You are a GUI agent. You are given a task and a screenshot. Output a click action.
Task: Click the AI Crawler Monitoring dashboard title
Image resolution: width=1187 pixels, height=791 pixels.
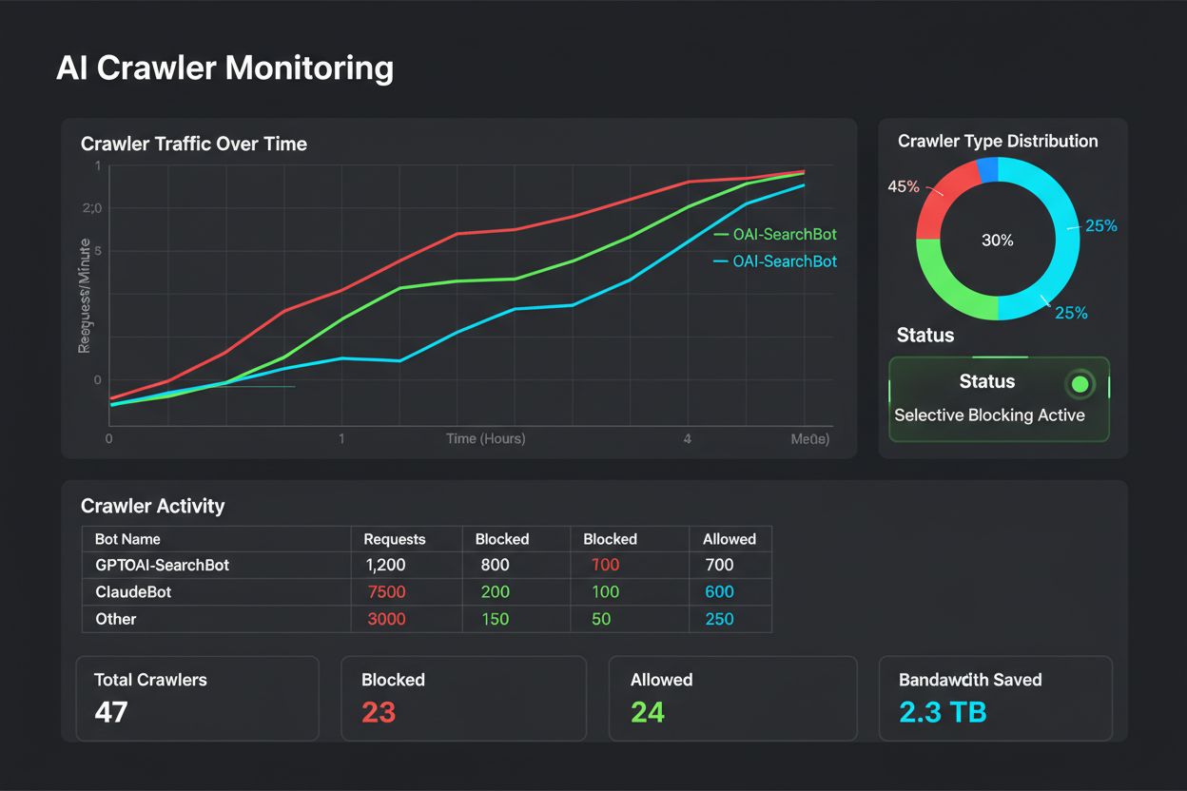pyautogui.click(x=224, y=69)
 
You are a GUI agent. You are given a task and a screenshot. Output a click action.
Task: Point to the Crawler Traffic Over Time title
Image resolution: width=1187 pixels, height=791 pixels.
pyautogui.click(x=194, y=145)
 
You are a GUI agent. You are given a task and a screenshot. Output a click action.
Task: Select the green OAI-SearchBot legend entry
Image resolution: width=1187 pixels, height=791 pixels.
pyautogui.click(x=785, y=235)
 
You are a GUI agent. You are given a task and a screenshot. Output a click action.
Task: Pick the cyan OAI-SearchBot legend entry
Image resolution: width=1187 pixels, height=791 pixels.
pyautogui.click(x=785, y=261)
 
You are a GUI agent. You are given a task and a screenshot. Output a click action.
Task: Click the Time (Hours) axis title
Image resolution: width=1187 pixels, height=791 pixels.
pyautogui.click(x=486, y=439)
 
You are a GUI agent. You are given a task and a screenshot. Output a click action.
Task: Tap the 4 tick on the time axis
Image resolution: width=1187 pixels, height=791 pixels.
pyautogui.click(x=687, y=439)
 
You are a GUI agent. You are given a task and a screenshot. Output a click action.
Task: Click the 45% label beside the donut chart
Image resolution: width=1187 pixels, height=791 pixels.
pyautogui.click(x=904, y=186)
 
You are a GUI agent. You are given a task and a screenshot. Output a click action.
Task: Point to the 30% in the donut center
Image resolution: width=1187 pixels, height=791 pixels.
pyautogui.click(x=998, y=241)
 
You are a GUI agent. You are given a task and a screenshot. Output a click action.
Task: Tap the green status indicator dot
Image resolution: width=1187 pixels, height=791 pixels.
pyautogui.click(x=1080, y=384)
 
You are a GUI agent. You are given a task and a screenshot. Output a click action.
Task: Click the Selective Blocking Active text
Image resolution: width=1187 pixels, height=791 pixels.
pyautogui.click(x=989, y=415)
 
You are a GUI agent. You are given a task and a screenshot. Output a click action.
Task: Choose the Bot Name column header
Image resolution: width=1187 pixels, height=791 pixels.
pyautogui.click(x=127, y=539)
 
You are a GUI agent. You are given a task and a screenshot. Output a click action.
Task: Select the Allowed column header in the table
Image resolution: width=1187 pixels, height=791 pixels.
pyautogui.click(x=730, y=539)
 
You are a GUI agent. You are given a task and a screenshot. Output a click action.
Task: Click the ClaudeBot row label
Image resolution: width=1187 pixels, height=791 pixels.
pyautogui.click(x=134, y=592)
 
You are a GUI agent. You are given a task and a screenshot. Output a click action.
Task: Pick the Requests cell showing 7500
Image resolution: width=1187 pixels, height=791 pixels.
pyautogui.click(x=386, y=592)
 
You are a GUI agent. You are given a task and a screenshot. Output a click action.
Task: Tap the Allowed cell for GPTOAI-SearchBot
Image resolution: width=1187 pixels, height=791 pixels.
pyautogui.click(x=719, y=565)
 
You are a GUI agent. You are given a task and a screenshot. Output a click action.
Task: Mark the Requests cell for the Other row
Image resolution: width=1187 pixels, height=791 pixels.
pyautogui.click(x=386, y=619)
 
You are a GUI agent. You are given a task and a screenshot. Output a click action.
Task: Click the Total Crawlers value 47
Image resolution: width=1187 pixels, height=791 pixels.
pyautogui.click(x=111, y=711)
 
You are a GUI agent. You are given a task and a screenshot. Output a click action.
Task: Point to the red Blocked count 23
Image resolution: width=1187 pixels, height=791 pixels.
pyautogui.click(x=379, y=711)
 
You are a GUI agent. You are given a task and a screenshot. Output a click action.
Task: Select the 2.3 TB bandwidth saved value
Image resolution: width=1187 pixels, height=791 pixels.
pyautogui.click(x=943, y=711)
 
